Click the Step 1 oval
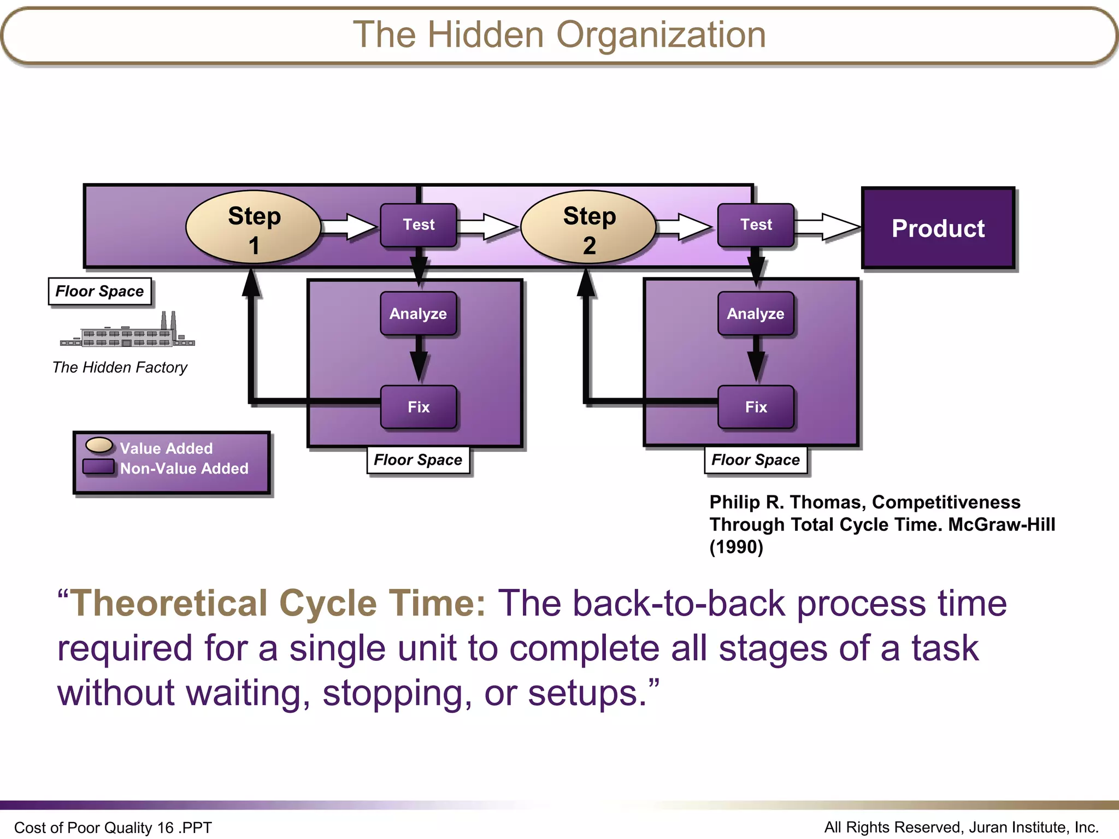coord(253,227)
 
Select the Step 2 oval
coord(588,227)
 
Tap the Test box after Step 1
coord(419,224)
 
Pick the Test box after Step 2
coord(756,224)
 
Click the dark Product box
coord(938,228)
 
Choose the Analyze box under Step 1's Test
coord(419,314)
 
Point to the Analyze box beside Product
coord(756,314)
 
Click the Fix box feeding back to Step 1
coord(419,407)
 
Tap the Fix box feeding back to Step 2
coord(756,407)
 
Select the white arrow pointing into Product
coord(828,227)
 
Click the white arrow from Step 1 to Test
coord(350,227)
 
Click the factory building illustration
coord(127,332)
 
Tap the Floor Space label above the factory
coord(99,292)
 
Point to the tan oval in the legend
coord(99,445)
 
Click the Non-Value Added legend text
coord(184,469)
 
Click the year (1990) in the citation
coord(736,547)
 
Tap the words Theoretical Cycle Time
coord(279,604)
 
